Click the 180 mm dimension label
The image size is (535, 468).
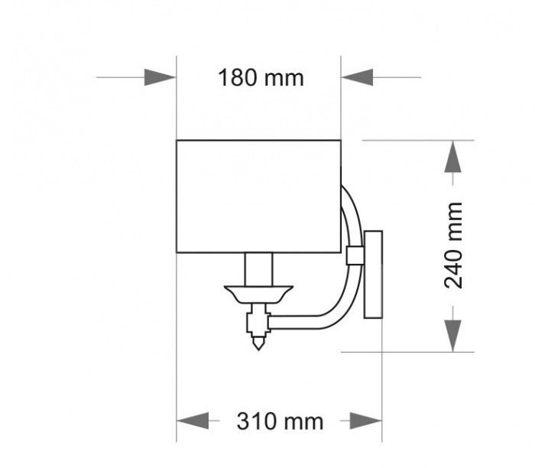coord(261,78)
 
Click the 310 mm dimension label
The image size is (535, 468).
coord(279,421)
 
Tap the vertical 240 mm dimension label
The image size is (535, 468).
coord(454,245)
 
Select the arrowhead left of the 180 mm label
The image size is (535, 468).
coord(160,77)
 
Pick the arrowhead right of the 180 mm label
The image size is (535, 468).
coord(357,77)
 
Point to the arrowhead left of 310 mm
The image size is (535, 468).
coord(193,421)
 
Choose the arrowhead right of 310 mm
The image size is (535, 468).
coord(366,421)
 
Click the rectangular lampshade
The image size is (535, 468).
coord(258,196)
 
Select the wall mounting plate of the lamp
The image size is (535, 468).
coord(373,274)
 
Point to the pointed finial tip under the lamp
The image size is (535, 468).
coord(259,344)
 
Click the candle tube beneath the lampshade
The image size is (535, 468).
coord(258,268)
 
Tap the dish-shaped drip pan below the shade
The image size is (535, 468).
coord(258,293)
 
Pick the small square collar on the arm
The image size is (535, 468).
coord(354,255)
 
